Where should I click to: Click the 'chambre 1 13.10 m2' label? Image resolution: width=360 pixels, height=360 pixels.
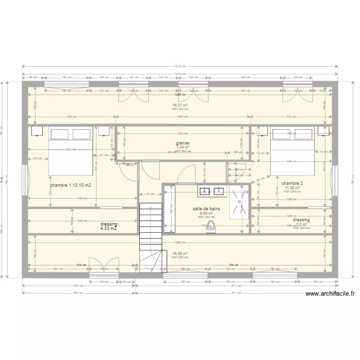tap(70, 185)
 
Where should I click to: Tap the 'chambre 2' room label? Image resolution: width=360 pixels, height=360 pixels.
tap(292, 183)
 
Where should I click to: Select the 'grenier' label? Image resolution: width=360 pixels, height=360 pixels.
tap(183, 143)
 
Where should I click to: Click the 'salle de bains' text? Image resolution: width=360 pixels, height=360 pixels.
tap(206, 209)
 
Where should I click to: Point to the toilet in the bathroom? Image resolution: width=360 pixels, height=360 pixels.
tap(210, 228)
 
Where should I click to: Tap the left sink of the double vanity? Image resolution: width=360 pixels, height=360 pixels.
tap(205, 191)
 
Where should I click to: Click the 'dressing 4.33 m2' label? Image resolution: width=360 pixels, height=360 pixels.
tap(108, 226)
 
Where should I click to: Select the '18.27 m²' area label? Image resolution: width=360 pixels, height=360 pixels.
tap(180, 105)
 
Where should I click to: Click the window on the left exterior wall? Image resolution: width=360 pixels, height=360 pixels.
tap(24, 180)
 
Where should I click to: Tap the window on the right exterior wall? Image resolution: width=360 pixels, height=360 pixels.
tap(335, 180)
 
